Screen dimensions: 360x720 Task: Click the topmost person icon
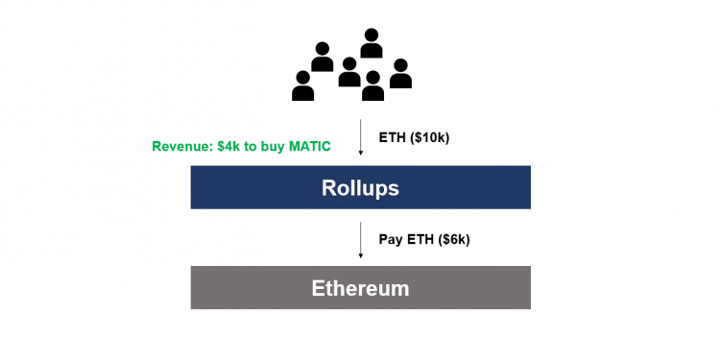point(372,44)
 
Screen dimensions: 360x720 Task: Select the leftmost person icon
point(303,86)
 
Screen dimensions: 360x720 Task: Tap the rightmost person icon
point(400,75)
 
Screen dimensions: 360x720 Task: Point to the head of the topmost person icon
point(372,36)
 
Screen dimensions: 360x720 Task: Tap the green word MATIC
point(308,147)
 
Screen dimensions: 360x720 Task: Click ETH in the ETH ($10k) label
point(393,137)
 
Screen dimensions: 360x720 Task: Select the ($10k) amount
point(428,137)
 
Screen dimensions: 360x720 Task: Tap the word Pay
point(390,237)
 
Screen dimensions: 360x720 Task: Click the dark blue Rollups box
point(360,187)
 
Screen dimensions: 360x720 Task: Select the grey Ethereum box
point(360,288)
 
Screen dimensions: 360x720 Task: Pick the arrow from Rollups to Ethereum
point(360,238)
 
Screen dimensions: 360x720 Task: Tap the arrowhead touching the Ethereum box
point(360,255)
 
